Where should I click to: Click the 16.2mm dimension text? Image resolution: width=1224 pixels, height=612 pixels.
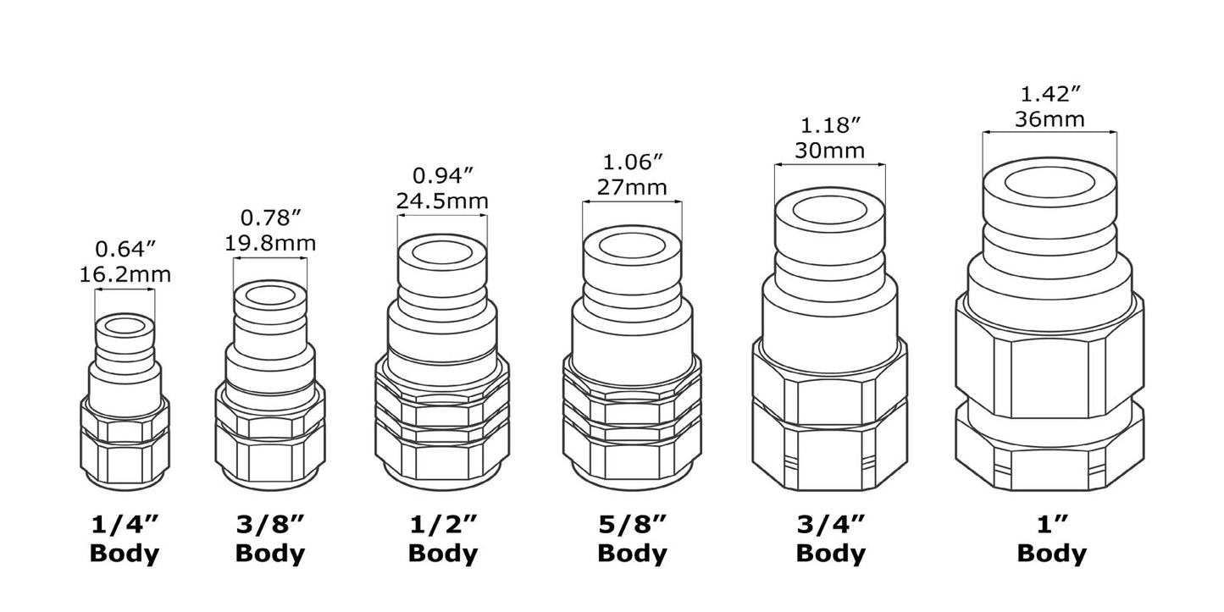[x=125, y=274]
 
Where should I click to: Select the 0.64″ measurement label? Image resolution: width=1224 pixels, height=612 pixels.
[x=125, y=250]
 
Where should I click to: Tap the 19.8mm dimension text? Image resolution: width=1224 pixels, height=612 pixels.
[x=270, y=243]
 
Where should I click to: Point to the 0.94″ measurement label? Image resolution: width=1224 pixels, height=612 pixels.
[x=442, y=176]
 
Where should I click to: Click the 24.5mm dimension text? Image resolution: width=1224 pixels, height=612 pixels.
[x=442, y=201]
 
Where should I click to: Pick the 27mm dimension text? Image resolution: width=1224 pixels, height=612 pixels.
[x=631, y=186]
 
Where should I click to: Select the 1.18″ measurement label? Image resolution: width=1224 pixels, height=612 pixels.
[x=830, y=125]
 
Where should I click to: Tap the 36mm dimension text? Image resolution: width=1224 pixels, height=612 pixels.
[x=1050, y=119]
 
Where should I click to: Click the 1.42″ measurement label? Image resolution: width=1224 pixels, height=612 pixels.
[x=1050, y=93]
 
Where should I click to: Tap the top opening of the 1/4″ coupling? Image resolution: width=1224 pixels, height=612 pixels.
[x=125, y=326]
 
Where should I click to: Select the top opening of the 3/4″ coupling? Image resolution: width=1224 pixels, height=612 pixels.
[x=830, y=210]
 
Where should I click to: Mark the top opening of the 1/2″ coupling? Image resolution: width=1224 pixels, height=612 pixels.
[x=442, y=252]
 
